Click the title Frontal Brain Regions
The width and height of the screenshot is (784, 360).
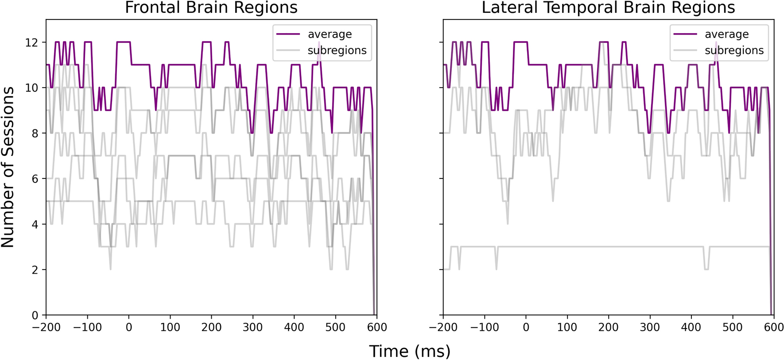point(211,8)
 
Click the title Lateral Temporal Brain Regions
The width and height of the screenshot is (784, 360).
point(608,8)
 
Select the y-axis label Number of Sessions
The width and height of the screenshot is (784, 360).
point(8,167)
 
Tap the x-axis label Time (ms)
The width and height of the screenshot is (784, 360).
point(410,351)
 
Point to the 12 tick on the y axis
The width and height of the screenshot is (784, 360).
point(32,43)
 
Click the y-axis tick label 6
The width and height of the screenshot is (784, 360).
point(35,179)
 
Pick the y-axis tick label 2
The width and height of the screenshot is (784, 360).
point(35,270)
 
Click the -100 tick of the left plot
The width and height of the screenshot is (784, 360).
point(87,327)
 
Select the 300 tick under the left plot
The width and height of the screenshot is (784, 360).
point(252,327)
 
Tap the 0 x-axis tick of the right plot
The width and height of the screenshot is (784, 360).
point(526,327)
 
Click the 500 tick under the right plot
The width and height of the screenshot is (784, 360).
point(733,327)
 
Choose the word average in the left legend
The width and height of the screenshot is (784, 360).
point(330,35)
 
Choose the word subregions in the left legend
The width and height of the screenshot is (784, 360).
point(337,50)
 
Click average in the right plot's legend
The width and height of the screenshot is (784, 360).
point(726,35)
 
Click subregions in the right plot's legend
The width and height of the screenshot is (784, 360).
point(734,50)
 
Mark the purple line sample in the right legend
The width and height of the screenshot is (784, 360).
point(685,34)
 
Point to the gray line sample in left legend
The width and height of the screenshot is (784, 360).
point(288,50)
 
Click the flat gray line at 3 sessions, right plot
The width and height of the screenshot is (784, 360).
point(598,247)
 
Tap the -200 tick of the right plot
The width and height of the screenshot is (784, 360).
point(443,327)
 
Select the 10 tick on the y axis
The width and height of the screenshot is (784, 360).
point(32,88)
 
